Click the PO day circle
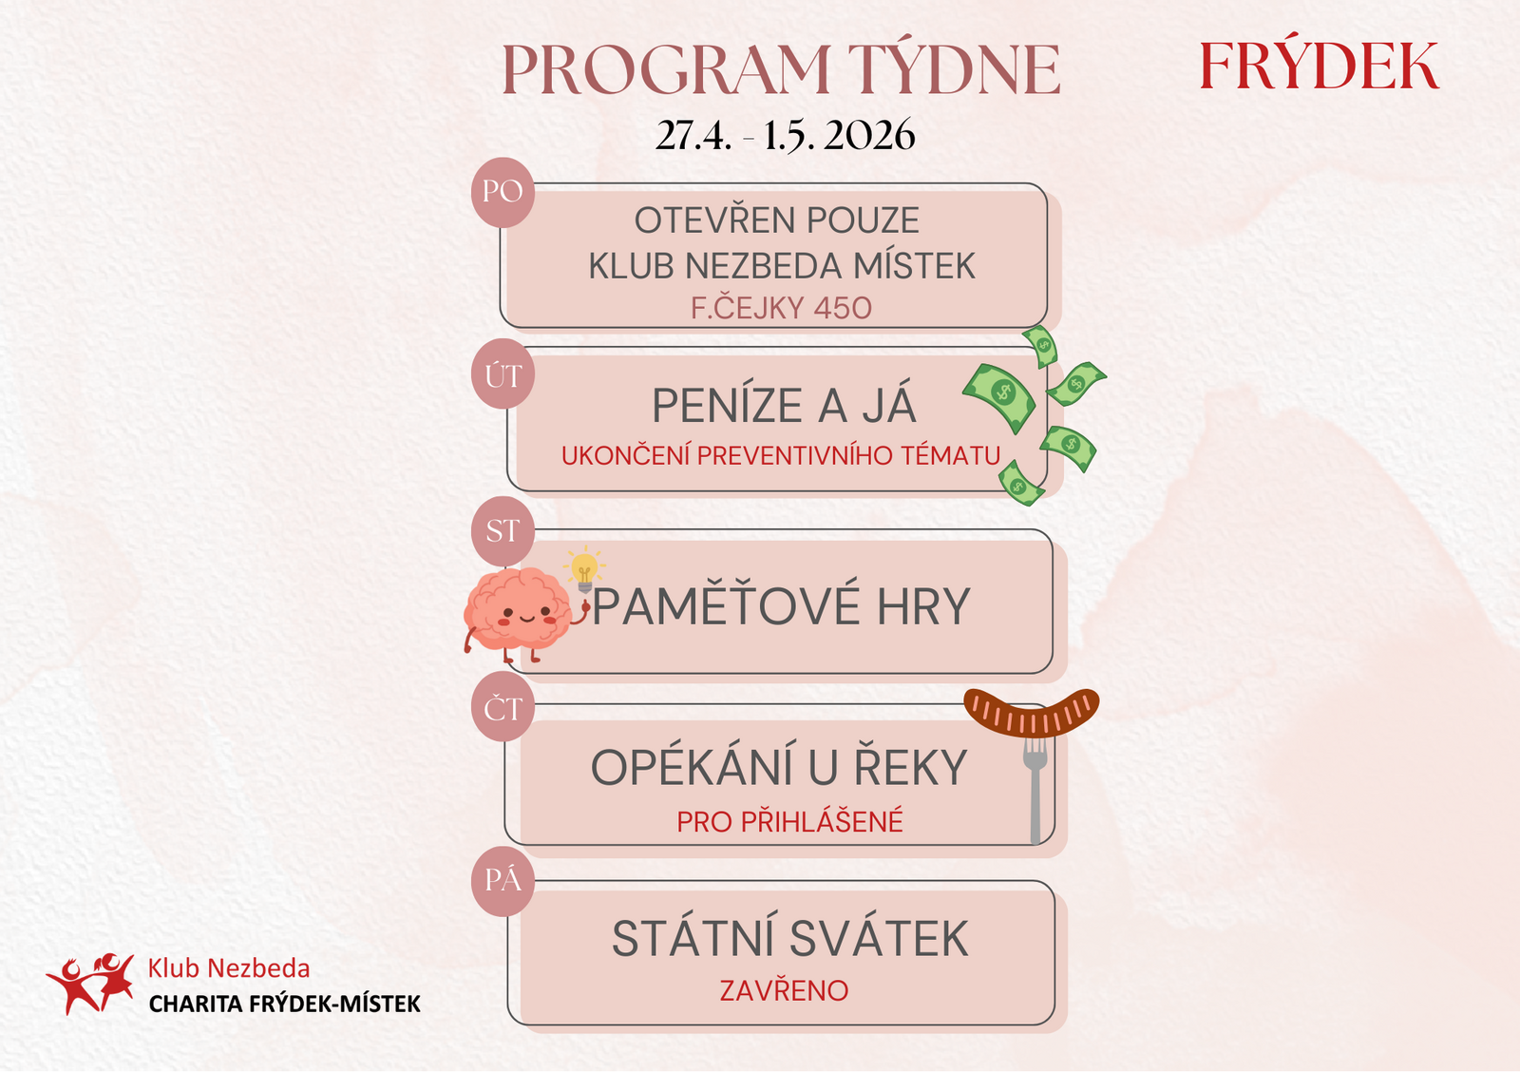coord(503,192)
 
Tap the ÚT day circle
coord(503,374)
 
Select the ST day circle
coord(503,531)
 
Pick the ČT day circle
coord(503,708)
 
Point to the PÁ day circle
coord(503,881)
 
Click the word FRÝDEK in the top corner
coord(1319,65)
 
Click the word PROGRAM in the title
coord(666,69)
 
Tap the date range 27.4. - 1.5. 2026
coord(785,135)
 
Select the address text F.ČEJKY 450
coord(781,308)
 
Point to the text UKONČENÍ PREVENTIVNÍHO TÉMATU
coord(781,455)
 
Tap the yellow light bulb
coord(584,569)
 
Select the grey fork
coord(1035,791)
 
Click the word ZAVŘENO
coord(785,990)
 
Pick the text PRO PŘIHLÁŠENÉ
coord(789,821)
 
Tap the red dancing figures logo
coord(90,983)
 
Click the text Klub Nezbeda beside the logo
coord(229,968)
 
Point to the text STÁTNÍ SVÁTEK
coord(789,938)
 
